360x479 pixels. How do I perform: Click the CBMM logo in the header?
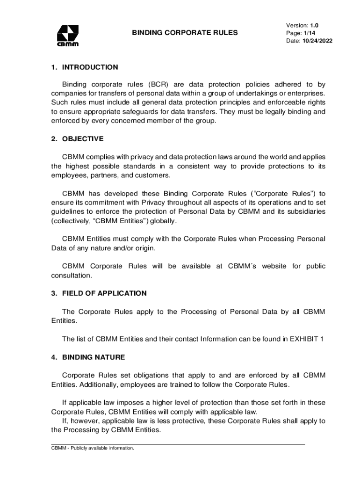pos(68,36)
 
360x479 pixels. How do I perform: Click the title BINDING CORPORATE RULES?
pos(185,33)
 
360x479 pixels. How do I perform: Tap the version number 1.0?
pos(314,25)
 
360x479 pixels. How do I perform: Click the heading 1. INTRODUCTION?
pos(85,67)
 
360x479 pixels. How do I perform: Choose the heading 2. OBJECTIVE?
pos(78,139)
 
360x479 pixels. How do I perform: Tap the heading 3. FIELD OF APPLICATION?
pos(99,293)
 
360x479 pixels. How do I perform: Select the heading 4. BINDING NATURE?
pos(88,357)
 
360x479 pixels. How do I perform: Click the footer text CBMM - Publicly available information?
pos(93,448)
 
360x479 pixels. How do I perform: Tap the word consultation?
pos(72,276)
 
